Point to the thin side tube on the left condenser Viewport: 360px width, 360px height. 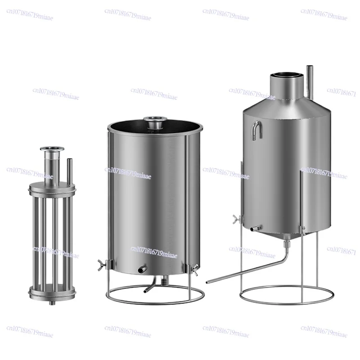point(69,169)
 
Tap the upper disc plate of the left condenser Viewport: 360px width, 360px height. point(51,187)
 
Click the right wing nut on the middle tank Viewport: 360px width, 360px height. point(195,270)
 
